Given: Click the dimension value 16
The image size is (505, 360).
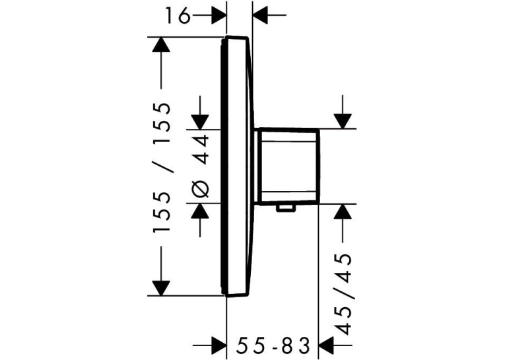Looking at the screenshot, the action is (178, 15).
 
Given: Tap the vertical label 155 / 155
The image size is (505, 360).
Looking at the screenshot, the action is (161, 168).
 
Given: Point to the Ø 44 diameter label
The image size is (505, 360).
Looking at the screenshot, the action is (201, 166).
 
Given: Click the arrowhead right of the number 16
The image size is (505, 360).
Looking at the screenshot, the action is (219, 15).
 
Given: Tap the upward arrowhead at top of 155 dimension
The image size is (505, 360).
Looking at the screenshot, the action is (161, 44).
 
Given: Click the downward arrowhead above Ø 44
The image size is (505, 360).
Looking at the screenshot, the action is (200, 122).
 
